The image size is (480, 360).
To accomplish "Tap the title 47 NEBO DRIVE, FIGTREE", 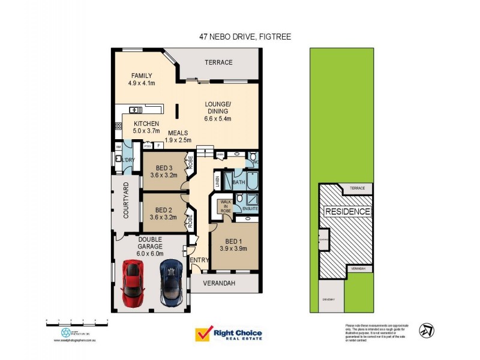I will pyautogui.click(x=245, y=37).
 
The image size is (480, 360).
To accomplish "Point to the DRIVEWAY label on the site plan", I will pyautogui.click(x=328, y=299).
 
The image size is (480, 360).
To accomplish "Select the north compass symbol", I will pyautogui.click(x=427, y=329).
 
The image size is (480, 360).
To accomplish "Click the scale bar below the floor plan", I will pyautogui.click(x=76, y=322).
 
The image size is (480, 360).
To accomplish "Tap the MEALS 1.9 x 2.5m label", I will pyautogui.click(x=179, y=136).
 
